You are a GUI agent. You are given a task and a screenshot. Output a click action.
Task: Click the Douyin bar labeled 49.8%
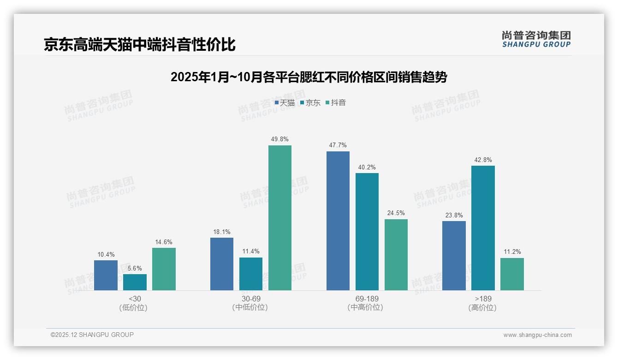point(280,218)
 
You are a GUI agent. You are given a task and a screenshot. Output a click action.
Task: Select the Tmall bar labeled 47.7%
point(338,221)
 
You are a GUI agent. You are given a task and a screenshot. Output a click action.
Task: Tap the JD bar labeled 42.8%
point(483,228)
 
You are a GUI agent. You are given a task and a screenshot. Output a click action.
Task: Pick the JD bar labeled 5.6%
point(135,282)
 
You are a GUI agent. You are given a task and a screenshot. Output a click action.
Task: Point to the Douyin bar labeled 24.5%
point(396,255)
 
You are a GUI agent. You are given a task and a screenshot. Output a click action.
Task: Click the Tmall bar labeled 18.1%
point(222,264)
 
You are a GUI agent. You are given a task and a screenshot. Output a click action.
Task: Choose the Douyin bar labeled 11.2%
point(512,274)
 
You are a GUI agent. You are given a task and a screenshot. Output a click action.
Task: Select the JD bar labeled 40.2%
point(367,232)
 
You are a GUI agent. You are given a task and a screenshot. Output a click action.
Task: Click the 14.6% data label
point(164,242)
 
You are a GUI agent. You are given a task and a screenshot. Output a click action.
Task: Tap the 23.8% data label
point(454,216)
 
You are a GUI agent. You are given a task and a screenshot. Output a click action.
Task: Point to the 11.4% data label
point(251,252)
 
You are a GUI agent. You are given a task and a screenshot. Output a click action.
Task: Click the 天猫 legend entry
point(285,103)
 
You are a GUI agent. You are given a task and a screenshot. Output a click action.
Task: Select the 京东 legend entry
point(310,103)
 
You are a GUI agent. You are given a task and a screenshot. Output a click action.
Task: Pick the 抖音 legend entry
point(336,103)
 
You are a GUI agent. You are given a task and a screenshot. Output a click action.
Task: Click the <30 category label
point(135,299)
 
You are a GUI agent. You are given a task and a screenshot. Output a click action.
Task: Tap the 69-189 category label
point(367,299)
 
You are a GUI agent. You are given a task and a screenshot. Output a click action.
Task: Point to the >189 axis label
point(483,299)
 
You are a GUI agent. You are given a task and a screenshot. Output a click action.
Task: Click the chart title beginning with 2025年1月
point(309,77)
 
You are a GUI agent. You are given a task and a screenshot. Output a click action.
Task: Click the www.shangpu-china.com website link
point(537,335)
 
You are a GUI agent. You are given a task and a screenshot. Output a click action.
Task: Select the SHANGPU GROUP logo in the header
point(536,39)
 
